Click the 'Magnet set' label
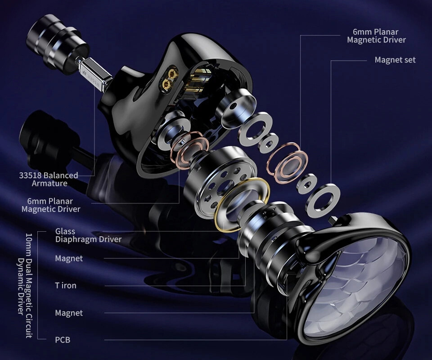395,60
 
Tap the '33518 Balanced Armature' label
49,179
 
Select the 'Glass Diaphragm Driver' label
88,235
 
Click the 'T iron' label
66,285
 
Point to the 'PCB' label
63,340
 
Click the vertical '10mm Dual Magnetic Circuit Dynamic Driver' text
25,285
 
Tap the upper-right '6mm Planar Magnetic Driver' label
376,36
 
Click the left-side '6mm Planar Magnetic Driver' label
51,205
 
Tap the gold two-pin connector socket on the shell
169,79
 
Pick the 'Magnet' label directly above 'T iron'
68,258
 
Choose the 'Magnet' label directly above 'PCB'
68,313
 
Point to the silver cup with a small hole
235,109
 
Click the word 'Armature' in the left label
49,184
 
